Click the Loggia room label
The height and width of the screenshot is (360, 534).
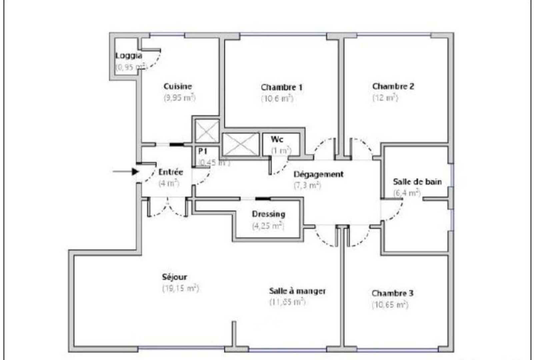coord(129,56)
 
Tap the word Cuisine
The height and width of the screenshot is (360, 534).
coord(178,86)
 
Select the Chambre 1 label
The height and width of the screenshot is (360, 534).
coord(282,87)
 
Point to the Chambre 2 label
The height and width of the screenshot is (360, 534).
coord(393,86)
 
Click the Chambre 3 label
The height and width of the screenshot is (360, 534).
coord(392,293)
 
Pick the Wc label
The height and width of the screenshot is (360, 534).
coord(277,139)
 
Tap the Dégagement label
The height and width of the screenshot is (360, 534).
coord(318,174)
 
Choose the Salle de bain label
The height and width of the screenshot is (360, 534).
coord(417,182)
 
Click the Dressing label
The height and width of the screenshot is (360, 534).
coord(268,214)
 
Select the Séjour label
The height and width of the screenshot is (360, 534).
coord(174,277)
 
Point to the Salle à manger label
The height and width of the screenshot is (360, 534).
coord(297,291)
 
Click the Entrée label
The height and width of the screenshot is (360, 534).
coord(171,172)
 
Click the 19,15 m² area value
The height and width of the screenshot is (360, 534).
coord(181,288)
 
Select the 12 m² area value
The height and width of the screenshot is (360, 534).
coord(385,98)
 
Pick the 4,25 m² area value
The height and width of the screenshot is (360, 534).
coord(268,226)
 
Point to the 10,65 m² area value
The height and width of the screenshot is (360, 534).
coord(390,305)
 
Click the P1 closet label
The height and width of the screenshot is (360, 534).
coord(203,151)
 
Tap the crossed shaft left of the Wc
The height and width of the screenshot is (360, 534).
coord(240,144)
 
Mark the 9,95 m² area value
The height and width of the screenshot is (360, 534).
coord(179,98)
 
